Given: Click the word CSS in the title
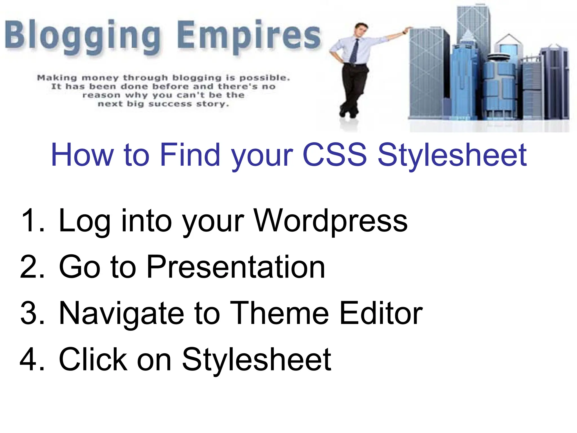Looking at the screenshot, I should [334, 155].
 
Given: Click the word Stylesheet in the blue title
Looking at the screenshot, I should [452, 155].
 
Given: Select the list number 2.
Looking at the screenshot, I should [32, 267].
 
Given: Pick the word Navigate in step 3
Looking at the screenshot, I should [121, 313].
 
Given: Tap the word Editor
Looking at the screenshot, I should [381, 313].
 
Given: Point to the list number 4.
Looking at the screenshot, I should [32, 359].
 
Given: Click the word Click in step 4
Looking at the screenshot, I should [93, 359].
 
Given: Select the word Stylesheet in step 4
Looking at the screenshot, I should [256, 359].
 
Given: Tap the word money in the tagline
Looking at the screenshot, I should [99, 78].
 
